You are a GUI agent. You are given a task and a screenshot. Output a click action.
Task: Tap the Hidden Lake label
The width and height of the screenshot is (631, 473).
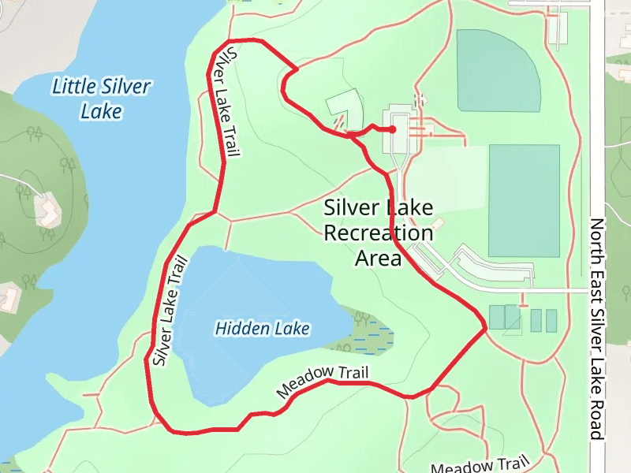tap(262, 329)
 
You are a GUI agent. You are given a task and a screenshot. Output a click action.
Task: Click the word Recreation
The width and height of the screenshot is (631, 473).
tap(379, 233)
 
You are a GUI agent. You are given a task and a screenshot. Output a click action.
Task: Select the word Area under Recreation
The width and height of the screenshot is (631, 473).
tap(379, 258)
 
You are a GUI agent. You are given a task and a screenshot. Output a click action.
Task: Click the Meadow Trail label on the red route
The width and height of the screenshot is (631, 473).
tap(323, 381)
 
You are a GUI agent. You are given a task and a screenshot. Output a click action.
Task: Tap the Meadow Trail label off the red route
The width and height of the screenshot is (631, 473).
tap(479, 466)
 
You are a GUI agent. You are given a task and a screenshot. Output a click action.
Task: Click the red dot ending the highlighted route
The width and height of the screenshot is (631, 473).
tap(392, 129)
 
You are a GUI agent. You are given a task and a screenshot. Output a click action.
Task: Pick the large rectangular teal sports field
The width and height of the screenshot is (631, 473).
tap(524, 200)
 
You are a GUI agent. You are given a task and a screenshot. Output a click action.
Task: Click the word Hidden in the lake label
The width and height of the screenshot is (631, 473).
tap(237, 329)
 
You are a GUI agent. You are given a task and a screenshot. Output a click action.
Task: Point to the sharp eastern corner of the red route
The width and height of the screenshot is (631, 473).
tap(484, 326)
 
